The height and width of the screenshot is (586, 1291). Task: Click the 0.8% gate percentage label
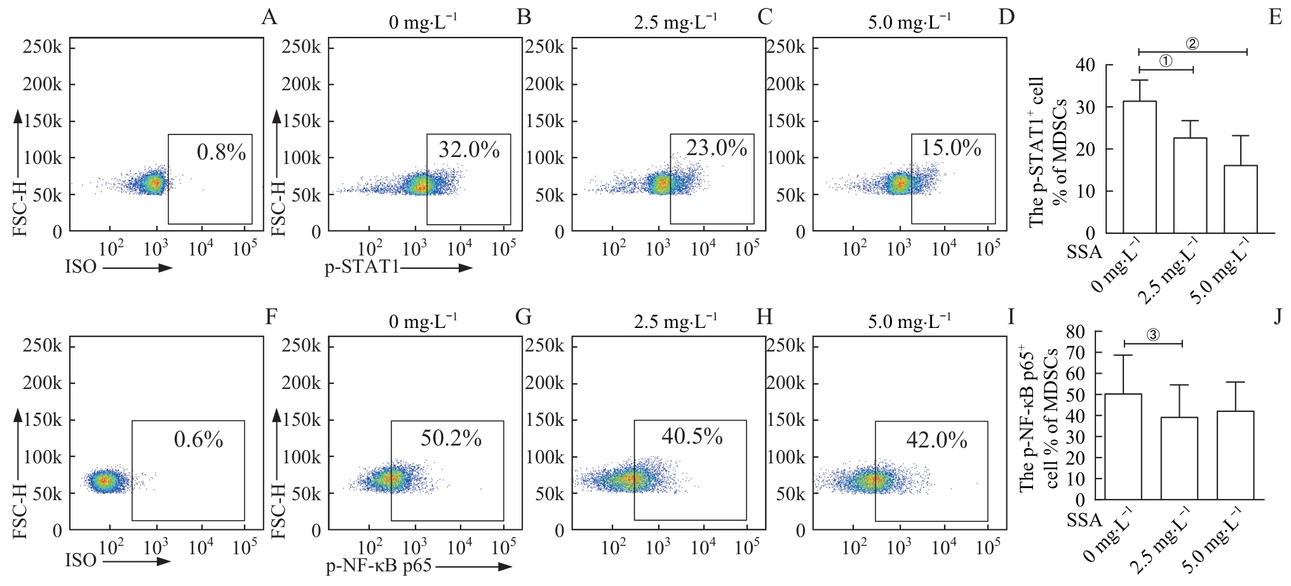221,153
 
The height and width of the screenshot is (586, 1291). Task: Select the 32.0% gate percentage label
469,150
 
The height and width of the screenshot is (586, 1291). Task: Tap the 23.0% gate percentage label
716,148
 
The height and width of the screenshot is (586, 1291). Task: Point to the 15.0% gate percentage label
951,148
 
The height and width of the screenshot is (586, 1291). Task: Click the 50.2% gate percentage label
451,438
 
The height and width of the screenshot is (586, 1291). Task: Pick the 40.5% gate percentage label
692,437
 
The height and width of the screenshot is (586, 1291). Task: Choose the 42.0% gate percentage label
936,440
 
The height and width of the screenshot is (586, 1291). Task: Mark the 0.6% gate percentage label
198,439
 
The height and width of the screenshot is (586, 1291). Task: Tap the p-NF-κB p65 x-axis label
379,565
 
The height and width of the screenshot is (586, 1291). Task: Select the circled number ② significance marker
1192,44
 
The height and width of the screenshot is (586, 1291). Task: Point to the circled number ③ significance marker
1153,335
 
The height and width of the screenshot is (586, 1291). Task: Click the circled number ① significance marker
1166,61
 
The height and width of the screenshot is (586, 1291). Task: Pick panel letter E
1274,17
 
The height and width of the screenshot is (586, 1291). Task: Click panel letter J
1277,316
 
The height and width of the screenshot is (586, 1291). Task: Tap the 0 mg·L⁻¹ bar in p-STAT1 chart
1140,167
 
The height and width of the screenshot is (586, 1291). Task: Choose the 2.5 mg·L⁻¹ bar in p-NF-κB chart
1179,458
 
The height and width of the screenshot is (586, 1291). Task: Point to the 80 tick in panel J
1076,332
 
